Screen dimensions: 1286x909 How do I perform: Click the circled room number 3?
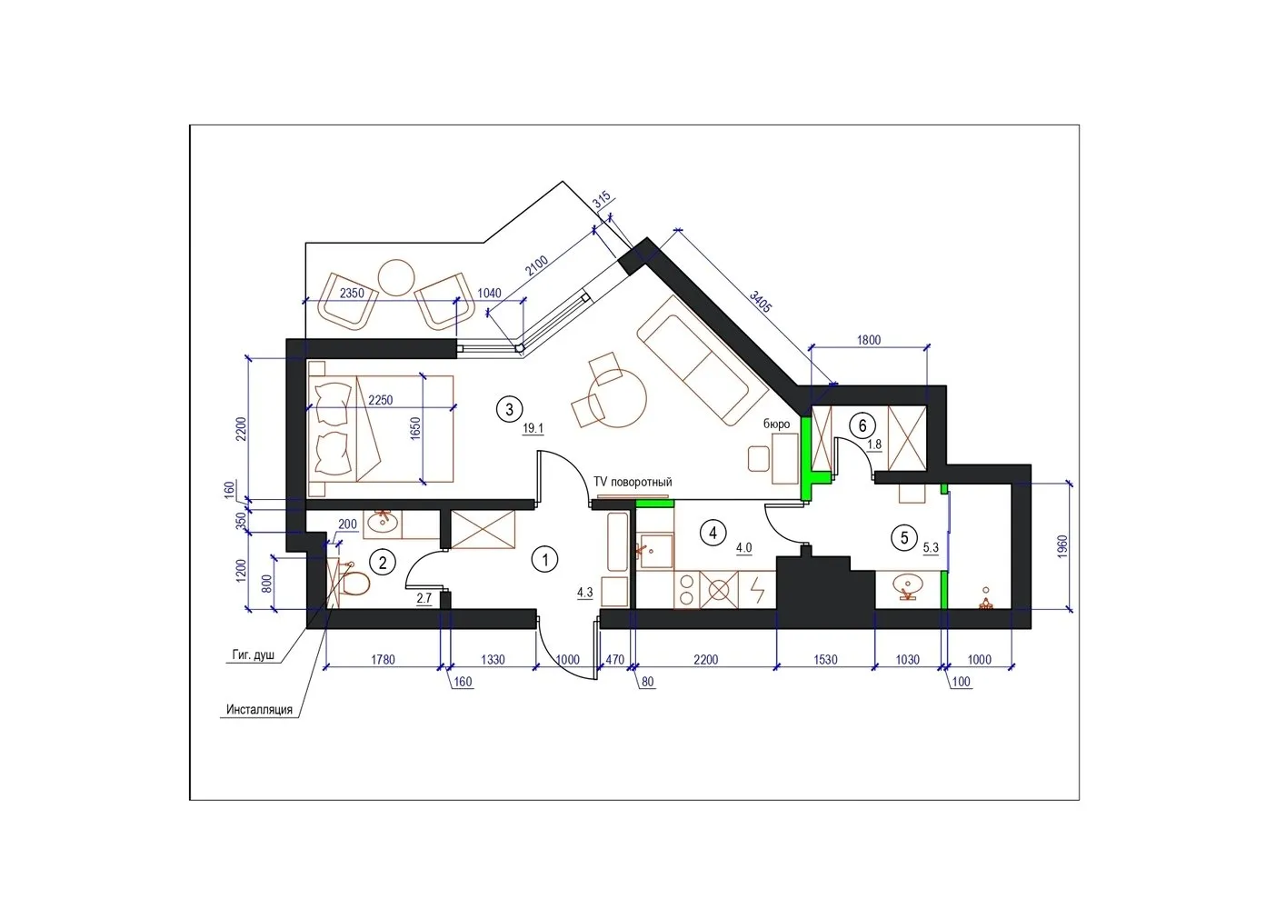[509, 409]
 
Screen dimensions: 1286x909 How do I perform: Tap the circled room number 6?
[862, 425]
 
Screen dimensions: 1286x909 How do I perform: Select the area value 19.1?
[533, 428]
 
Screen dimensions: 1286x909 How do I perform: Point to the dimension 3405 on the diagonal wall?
[760, 302]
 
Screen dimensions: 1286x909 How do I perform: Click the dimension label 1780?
[383, 660]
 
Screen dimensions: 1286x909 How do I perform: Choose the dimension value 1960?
[1062, 546]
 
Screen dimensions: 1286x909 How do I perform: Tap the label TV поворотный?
[632, 482]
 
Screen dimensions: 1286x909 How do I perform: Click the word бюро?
[776, 424]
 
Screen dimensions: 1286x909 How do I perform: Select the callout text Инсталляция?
[259, 709]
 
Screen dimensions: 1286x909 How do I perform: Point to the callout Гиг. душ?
[254, 654]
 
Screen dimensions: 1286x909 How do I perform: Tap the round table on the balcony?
[396, 277]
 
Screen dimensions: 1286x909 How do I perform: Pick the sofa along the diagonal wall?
[703, 360]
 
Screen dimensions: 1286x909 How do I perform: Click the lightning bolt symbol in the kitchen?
[758, 590]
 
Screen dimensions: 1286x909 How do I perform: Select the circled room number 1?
[544, 559]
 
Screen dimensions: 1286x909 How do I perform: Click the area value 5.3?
[931, 548]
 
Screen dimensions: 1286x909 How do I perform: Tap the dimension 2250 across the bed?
[380, 400]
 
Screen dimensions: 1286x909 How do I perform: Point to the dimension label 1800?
[869, 340]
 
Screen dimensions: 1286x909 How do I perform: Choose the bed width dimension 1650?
[415, 428]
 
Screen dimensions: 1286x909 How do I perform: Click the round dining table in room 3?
[618, 397]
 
